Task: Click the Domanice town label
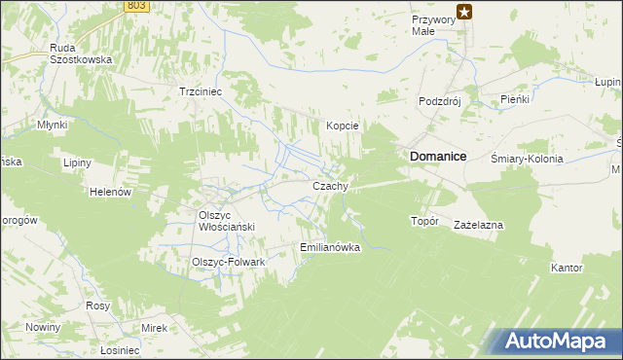(x=438, y=156)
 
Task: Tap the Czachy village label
(x=330, y=186)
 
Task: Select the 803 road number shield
(x=136, y=6)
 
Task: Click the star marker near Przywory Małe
(x=464, y=12)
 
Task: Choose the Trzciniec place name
(x=202, y=91)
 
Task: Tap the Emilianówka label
(x=331, y=247)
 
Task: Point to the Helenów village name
(x=110, y=193)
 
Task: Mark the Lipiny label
(x=76, y=162)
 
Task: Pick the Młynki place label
(x=52, y=125)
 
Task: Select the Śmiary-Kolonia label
(x=528, y=159)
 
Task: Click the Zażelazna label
(x=478, y=225)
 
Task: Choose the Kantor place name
(x=567, y=267)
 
